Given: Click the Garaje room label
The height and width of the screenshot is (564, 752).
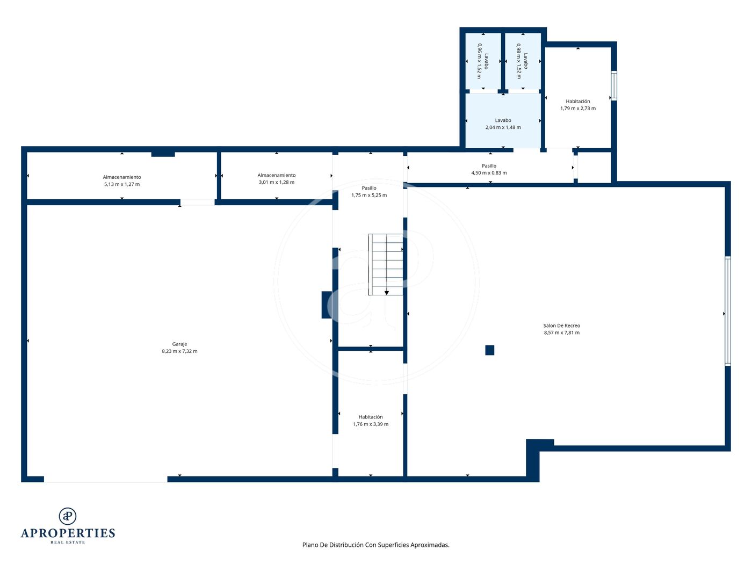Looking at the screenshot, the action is click(179, 344).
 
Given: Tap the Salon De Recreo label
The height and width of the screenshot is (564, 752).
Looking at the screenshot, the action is click(561, 326).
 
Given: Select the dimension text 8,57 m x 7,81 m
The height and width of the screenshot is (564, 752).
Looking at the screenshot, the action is click(561, 332).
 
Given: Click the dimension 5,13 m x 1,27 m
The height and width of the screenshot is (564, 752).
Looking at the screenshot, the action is click(122, 184).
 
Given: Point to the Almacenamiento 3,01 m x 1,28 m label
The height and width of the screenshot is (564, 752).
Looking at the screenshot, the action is click(277, 179).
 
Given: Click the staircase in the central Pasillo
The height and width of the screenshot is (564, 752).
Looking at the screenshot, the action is click(386, 264).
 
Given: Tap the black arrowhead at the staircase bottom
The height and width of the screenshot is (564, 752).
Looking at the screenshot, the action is click(386, 293).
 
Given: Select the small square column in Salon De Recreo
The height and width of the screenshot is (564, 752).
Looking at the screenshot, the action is click(489, 350).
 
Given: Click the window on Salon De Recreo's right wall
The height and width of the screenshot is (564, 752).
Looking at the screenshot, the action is click(728, 311).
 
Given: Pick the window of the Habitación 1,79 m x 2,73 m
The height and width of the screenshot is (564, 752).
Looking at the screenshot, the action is click(614, 85).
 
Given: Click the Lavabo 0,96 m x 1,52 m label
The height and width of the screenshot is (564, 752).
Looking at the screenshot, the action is click(482, 61).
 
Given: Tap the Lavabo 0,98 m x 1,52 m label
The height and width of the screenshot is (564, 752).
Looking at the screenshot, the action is click(522, 61).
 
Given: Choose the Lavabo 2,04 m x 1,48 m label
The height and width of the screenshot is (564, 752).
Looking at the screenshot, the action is click(503, 124).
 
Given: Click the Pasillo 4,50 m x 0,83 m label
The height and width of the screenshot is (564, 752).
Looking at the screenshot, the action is click(489, 169).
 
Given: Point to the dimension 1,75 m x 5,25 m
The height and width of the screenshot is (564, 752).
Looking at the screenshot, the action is click(369, 195).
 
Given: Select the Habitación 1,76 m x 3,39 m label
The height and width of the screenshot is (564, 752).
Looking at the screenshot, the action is click(371, 421).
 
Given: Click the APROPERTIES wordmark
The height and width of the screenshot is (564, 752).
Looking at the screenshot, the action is click(68, 533).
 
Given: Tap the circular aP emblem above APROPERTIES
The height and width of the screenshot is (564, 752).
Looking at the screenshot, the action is click(68, 516).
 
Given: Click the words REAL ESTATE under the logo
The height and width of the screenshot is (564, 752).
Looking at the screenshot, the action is click(68, 543).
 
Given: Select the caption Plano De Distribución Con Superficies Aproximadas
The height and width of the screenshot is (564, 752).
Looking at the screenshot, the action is click(376, 545).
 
